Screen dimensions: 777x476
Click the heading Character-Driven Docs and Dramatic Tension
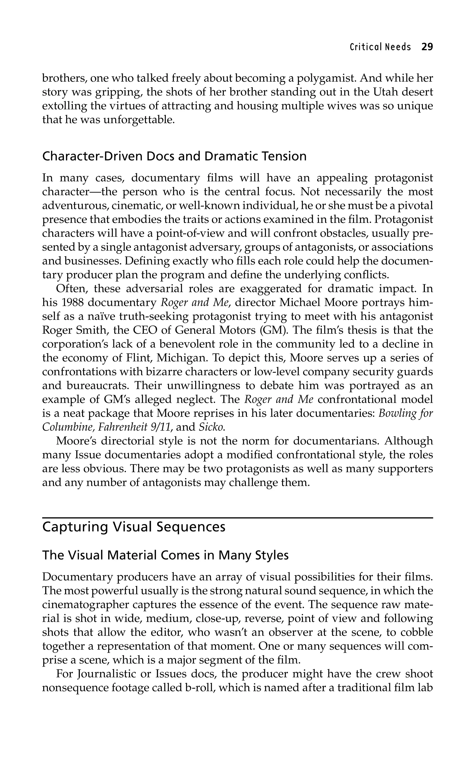coord(174,156)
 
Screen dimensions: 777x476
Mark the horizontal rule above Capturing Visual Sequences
coord(238,518)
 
